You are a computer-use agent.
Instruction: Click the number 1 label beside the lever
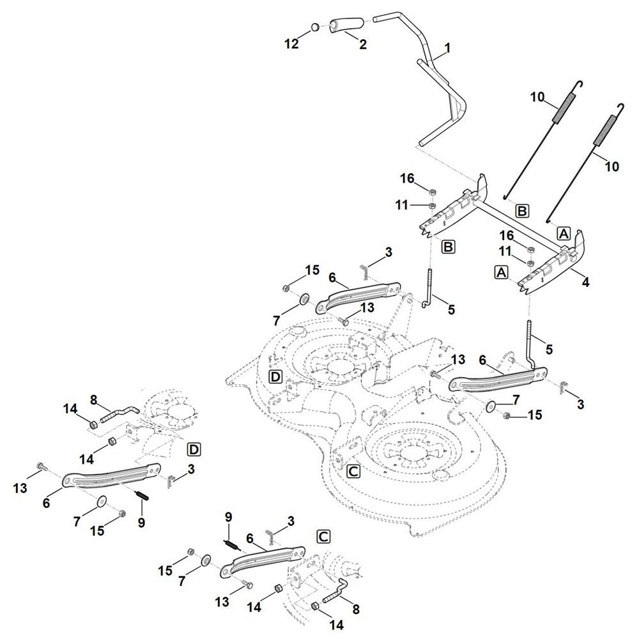click(447, 48)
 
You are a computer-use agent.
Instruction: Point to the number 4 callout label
click(587, 281)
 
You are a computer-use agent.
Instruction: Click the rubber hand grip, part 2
click(346, 26)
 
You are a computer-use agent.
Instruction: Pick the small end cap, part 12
click(315, 27)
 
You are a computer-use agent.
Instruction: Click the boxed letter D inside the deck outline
click(275, 376)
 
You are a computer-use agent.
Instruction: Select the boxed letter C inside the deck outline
click(353, 472)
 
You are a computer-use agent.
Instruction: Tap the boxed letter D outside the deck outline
click(194, 450)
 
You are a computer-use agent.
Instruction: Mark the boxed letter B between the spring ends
click(522, 210)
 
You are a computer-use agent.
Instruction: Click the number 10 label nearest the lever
click(537, 97)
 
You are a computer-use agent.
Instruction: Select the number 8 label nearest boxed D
click(94, 400)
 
